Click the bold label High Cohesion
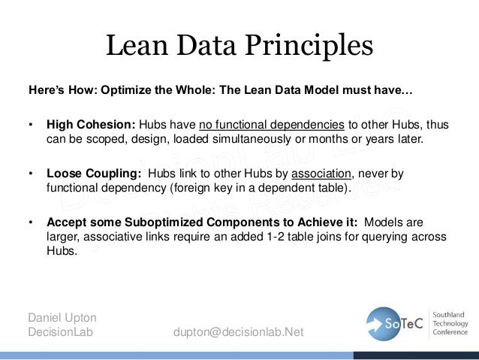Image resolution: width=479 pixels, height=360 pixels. click(x=85, y=125)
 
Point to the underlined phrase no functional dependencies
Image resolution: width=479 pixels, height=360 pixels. click(x=272, y=125)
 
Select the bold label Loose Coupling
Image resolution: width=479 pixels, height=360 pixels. click(x=88, y=174)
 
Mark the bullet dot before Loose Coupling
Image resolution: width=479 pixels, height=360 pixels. click(x=31, y=174)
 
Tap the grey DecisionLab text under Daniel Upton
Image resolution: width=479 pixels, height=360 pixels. click(x=59, y=332)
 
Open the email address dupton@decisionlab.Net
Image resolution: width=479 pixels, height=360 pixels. click(x=238, y=332)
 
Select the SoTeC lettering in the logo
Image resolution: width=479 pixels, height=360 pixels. click(x=405, y=323)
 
